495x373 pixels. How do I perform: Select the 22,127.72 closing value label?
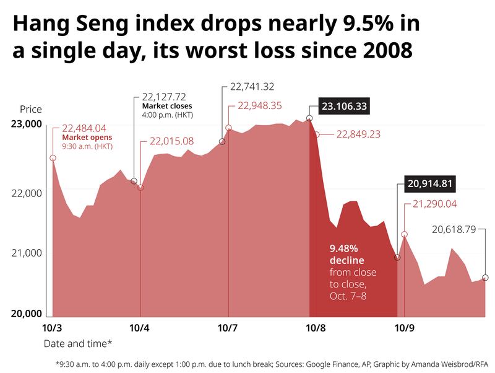[x=164, y=97]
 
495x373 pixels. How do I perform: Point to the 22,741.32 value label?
[x=252, y=86]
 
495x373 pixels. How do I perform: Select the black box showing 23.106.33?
[x=344, y=107]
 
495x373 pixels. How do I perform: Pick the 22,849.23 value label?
[x=358, y=134]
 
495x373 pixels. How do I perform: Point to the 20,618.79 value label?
[x=454, y=229]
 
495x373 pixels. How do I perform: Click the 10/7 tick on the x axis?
[x=228, y=327]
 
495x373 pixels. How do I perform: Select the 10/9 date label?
[x=404, y=327]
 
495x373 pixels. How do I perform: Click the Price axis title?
[x=31, y=109]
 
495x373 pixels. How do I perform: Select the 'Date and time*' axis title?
[x=78, y=343]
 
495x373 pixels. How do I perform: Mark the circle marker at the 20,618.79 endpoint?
[x=485, y=278]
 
